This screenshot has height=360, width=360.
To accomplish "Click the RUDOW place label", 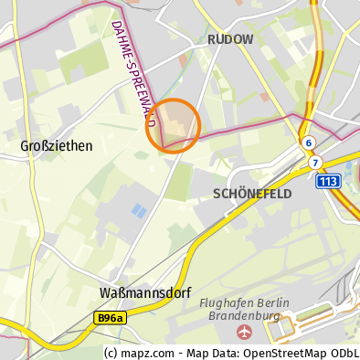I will coord(230,39).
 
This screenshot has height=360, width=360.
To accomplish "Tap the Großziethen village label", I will coord(56,145).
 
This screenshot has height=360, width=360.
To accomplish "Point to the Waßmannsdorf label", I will coord(137,292).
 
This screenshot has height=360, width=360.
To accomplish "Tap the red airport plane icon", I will coord(243,331).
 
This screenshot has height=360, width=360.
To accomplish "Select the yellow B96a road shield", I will coord(110,318).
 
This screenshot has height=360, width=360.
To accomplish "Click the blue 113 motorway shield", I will coord(329,182).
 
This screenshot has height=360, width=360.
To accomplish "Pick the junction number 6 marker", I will coord(309,143).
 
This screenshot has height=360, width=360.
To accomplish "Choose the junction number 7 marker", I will coord(315,163).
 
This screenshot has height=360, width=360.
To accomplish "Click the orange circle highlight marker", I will coord(174,125).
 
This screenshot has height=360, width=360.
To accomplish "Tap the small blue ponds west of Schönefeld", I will coord(139,211).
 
